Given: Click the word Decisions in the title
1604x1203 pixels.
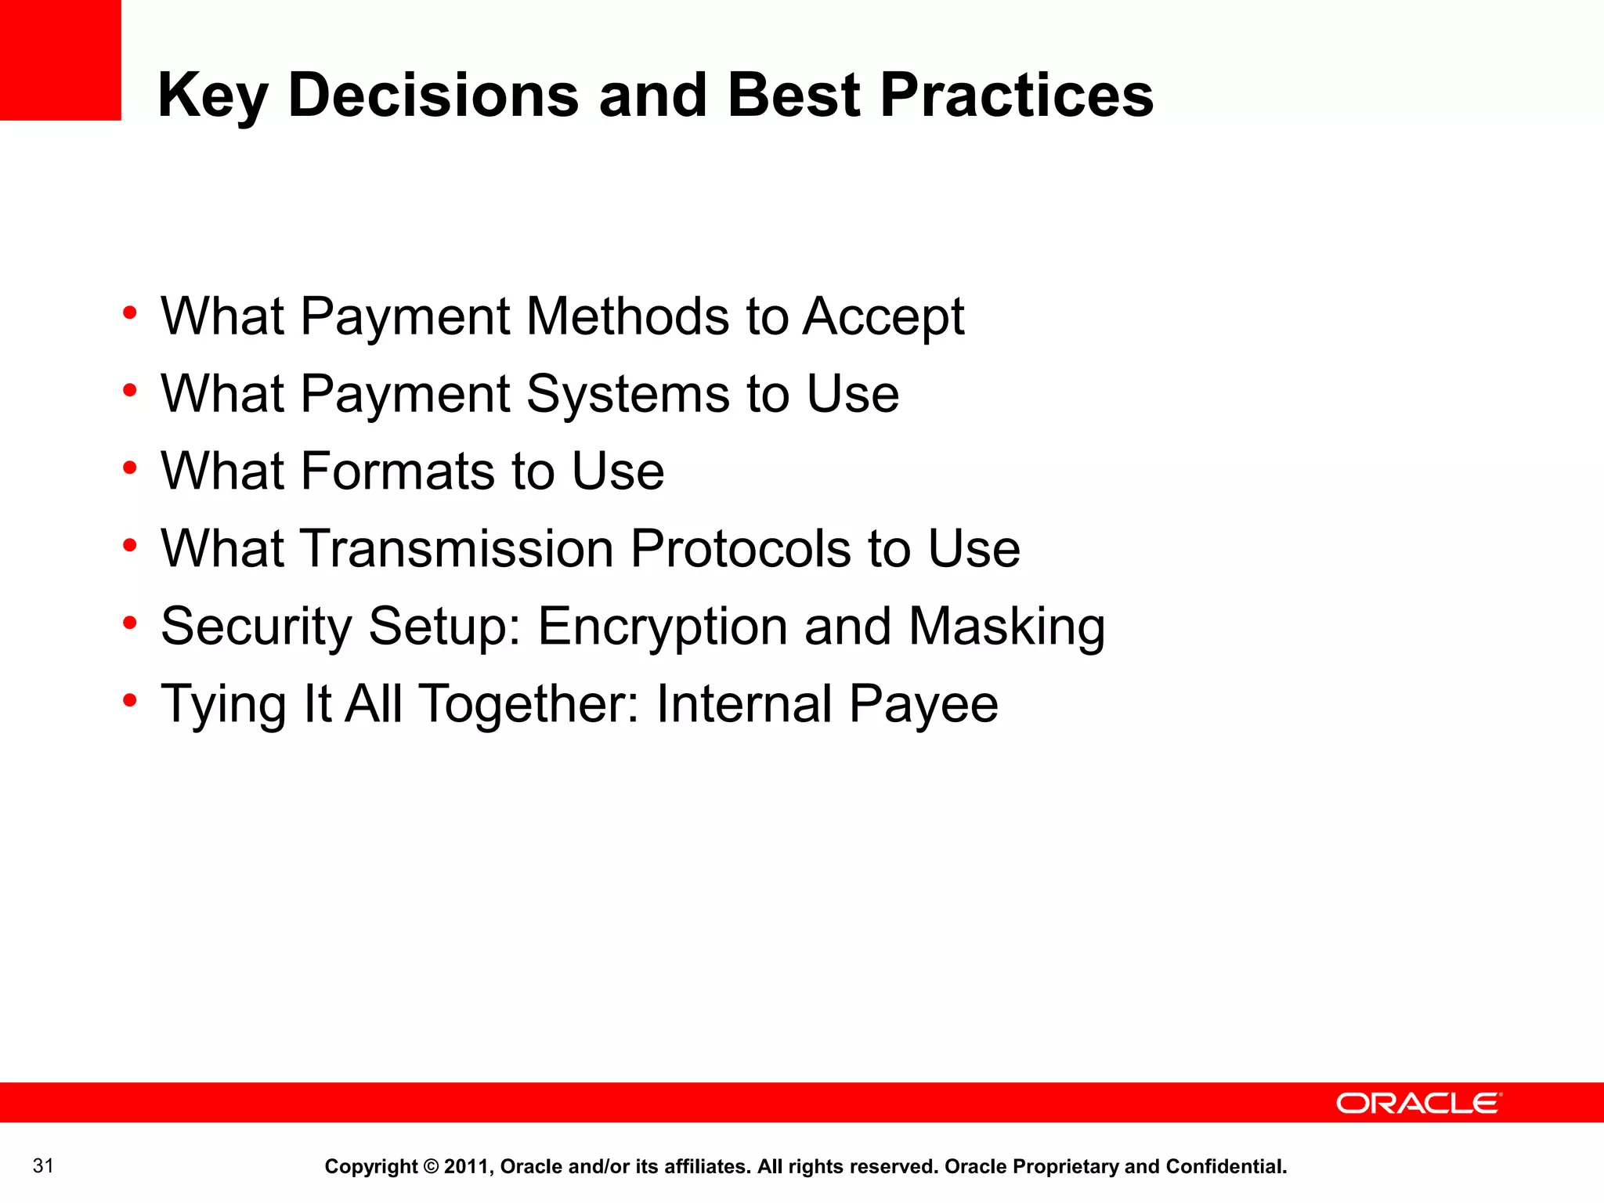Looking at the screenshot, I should click(433, 95).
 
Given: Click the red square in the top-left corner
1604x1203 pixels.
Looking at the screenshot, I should click(60, 60).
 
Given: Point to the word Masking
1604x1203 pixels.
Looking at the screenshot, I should click(1006, 627).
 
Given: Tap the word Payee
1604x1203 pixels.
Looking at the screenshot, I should click(923, 704).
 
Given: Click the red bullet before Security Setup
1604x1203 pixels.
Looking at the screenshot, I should click(130, 623).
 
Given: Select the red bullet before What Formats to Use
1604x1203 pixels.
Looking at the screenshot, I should click(130, 468).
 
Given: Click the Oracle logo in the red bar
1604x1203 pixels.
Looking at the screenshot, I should click(1418, 1103).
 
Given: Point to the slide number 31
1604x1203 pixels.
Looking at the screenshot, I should click(43, 1165).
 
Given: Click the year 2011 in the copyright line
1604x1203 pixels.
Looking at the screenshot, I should click(466, 1166).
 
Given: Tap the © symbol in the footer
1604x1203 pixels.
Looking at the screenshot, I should click(431, 1166).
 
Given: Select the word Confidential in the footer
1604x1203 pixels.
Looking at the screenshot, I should click(1226, 1166).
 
